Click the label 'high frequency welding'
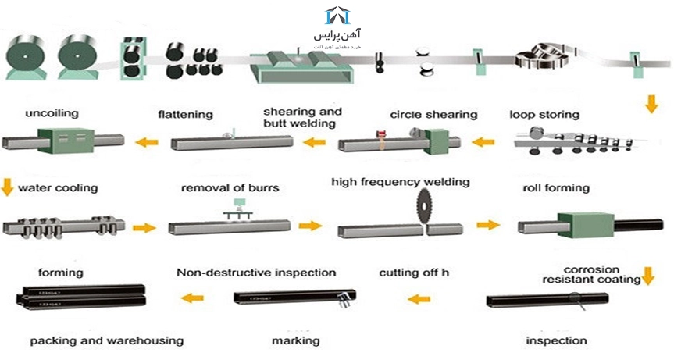point(400,182)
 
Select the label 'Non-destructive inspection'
point(256,273)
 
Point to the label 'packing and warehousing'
point(107,340)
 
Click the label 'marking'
point(295,340)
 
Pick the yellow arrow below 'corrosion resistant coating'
point(647,276)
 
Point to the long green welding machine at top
point(300,67)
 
